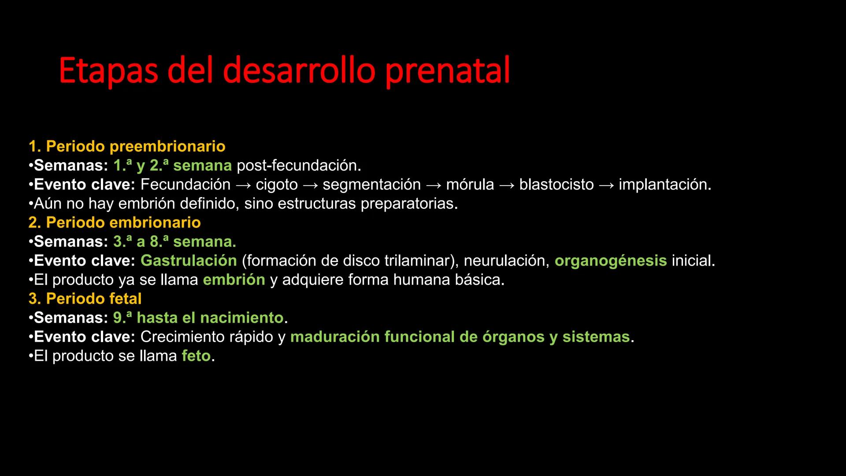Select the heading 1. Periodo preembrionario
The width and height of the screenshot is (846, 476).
(x=127, y=146)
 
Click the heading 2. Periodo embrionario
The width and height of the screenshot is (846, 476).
(x=115, y=223)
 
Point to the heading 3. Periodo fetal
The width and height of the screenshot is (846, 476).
(x=85, y=299)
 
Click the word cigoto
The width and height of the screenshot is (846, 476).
(x=277, y=185)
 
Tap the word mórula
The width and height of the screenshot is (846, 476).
(x=470, y=185)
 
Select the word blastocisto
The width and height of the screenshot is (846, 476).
(x=556, y=185)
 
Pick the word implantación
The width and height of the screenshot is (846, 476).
(x=664, y=185)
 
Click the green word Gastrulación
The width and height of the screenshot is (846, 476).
(x=189, y=261)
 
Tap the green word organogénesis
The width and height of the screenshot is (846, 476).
(x=611, y=261)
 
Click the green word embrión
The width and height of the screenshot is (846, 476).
(x=234, y=280)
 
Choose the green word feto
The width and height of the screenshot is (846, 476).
(x=196, y=356)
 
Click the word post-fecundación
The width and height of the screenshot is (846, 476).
(x=298, y=166)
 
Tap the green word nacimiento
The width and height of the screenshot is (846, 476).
(x=241, y=318)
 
